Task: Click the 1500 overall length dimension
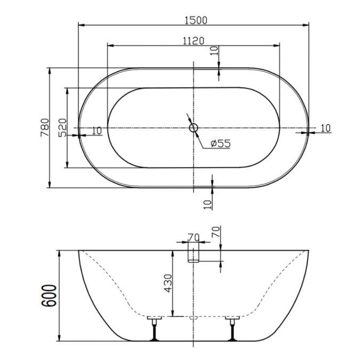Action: pos(196,20)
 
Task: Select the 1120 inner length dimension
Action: pos(193,41)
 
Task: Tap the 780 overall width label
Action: pos(45,127)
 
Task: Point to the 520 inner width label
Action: pos(62,127)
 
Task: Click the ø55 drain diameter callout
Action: pos(220,143)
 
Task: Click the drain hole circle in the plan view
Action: pos(194,127)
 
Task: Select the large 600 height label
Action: pos(49,295)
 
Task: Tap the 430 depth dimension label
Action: pos(168,283)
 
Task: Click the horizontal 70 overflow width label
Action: pos(194,237)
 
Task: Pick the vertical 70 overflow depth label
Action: pos(216,232)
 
